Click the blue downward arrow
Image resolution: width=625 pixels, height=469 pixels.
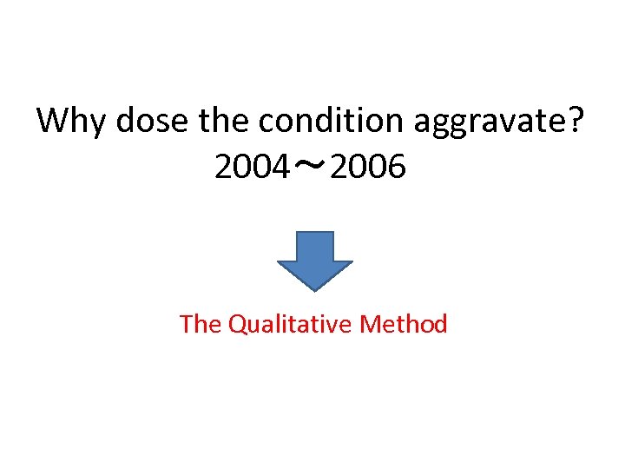click(x=314, y=260)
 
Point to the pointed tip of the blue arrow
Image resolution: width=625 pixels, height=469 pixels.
click(x=314, y=288)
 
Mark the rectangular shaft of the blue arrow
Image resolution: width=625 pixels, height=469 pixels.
click(x=314, y=246)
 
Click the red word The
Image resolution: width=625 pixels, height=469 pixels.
click(x=201, y=324)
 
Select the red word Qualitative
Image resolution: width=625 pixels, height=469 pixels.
click(x=291, y=325)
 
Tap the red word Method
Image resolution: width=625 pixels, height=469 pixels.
click(x=404, y=324)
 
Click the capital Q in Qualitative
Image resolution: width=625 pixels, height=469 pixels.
click(x=237, y=325)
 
